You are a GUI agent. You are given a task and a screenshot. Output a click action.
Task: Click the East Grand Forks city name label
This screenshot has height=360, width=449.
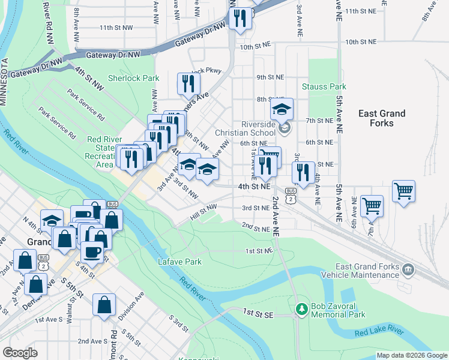coord(381,118)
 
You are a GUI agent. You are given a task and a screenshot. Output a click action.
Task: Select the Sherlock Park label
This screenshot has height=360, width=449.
coord(133,78)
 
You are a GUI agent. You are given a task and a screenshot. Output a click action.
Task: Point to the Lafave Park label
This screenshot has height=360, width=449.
coord(179,262)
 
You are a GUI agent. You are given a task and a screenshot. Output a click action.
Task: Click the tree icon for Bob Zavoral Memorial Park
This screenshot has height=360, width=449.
coord(301,310)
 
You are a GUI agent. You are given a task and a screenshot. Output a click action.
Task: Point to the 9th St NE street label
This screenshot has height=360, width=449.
coord(270,77)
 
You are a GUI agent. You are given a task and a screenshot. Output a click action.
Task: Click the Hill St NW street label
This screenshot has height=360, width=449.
coord(203,209)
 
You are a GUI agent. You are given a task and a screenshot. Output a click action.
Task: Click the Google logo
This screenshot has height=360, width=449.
coord(20,352)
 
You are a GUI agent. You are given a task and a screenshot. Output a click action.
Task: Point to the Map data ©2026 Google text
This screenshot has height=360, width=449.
coord(411,355)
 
